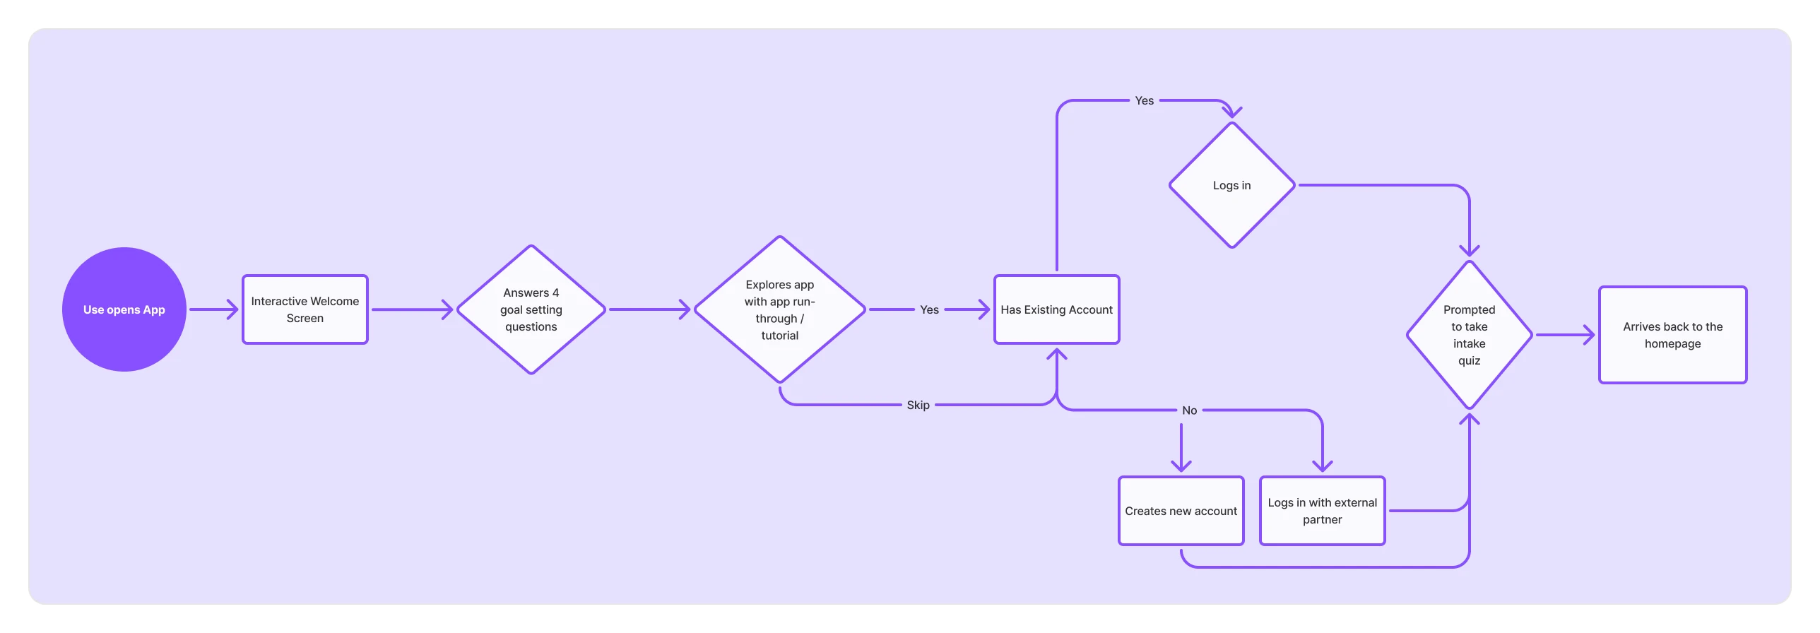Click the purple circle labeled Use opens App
[x=124, y=309]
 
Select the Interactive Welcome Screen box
[x=305, y=309]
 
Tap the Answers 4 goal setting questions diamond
[x=531, y=309]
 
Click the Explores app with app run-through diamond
[x=779, y=309]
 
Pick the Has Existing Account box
[x=1056, y=309]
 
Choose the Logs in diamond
[x=1231, y=185]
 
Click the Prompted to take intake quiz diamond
[x=1469, y=335]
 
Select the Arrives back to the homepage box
[x=1672, y=335]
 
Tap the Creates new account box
[x=1181, y=511]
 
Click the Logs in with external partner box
[x=1322, y=511]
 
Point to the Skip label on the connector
[x=918, y=405]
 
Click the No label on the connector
[x=1189, y=410]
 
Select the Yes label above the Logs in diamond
[x=1144, y=101]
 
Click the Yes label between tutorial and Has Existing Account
[x=929, y=309]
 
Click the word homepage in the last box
[x=1672, y=344]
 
